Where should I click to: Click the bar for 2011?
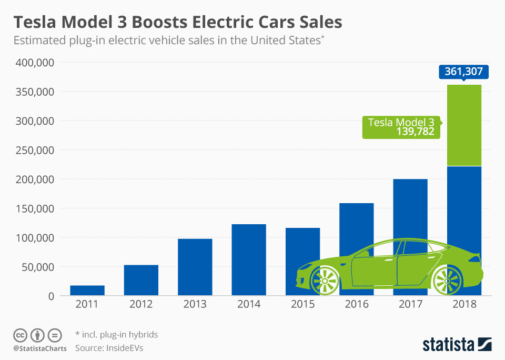pos(87,290)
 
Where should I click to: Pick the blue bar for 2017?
pos(410,211)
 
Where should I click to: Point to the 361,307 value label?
pos(463,72)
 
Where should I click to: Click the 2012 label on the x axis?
pos(141,305)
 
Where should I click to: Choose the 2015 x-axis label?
pos(302,305)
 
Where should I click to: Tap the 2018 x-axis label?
pos(464,305)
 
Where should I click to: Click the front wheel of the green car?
pos(325,280)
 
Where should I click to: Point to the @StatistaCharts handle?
pos(40,348)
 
